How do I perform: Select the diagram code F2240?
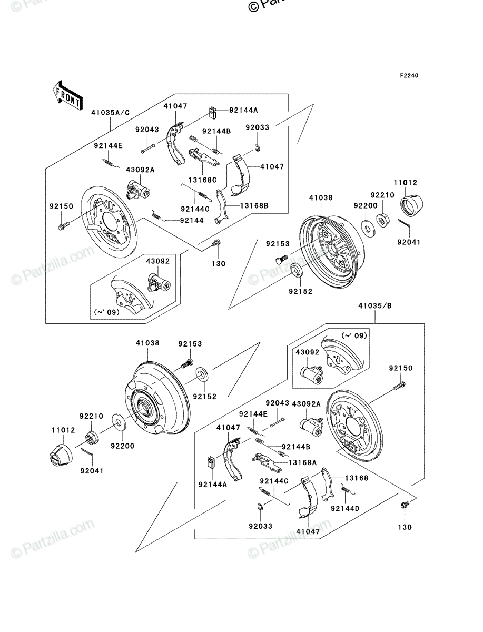409,76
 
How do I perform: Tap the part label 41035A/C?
111,113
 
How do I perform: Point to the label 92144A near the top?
243,110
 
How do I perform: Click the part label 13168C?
203,180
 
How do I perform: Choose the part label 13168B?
254,205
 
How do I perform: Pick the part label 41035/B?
375,306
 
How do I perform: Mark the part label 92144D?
345,508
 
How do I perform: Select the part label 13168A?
302,462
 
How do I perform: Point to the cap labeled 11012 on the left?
61,455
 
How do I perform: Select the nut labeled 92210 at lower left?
92,438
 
